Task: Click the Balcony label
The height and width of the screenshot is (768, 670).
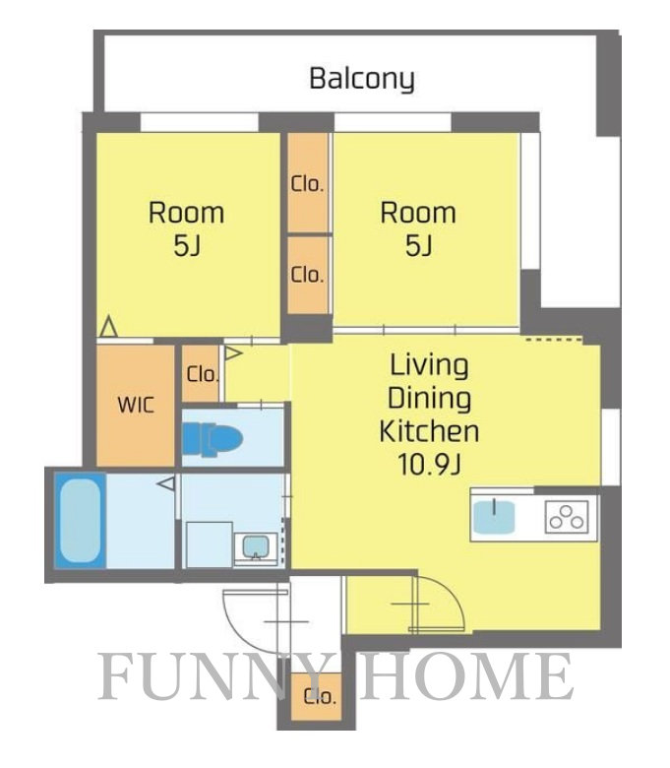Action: pos(362,80)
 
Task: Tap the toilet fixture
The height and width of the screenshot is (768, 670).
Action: pos(213,439)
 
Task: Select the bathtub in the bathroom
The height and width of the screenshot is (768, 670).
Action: pos(80,520)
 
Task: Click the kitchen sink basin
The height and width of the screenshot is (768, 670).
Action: pos(494,517)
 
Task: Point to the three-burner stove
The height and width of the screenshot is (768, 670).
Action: pos(567,517)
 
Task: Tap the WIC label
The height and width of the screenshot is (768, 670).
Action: pos(136,405)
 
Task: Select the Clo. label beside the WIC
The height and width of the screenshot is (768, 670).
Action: pos(202,375)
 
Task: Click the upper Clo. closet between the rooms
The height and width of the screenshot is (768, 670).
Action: pos(307,183)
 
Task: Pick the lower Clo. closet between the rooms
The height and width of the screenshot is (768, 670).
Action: pos(307,276)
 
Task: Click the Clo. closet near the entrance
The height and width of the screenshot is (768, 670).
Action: pos(316,696)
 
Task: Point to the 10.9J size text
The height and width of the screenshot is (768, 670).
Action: pos(429,465)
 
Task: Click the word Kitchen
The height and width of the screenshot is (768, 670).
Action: pos(429,431)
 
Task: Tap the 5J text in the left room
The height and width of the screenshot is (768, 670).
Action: pos(187,246)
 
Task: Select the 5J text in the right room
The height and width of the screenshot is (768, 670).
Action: pos(418,246)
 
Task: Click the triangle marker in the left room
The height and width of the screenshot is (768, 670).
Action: pos(108,327)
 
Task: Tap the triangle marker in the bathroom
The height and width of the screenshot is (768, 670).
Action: pos(166,483)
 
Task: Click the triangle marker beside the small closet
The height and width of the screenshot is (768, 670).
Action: pos(233,352)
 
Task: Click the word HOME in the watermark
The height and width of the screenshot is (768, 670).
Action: pos(465,676)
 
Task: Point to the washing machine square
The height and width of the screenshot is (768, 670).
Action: pos(209,544)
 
